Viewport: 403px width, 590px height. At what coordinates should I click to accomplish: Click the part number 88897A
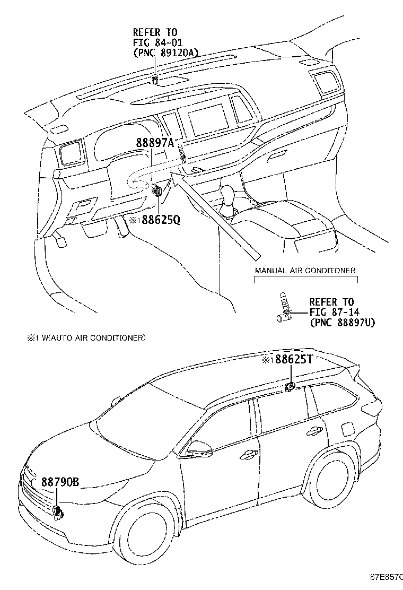[x=155, y=143]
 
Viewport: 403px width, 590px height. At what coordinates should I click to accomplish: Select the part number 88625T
[x=293, y=360]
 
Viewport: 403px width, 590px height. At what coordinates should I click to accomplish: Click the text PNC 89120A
[x=167, y=52]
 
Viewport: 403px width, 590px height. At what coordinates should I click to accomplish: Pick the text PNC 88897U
[x=342, y=322]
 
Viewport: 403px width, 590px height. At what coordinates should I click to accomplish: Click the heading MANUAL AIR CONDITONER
[x=305, y=271]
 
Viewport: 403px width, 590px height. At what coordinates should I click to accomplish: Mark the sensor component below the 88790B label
[x=57, y=511]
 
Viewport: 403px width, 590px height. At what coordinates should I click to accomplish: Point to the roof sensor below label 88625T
[x=290, y=387]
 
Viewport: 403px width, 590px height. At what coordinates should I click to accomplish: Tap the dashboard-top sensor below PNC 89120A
[x=155, y=81]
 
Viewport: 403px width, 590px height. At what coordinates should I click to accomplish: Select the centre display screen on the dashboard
[x=208, y=120]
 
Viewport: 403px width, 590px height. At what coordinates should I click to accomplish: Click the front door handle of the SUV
[x=248, y=454]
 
